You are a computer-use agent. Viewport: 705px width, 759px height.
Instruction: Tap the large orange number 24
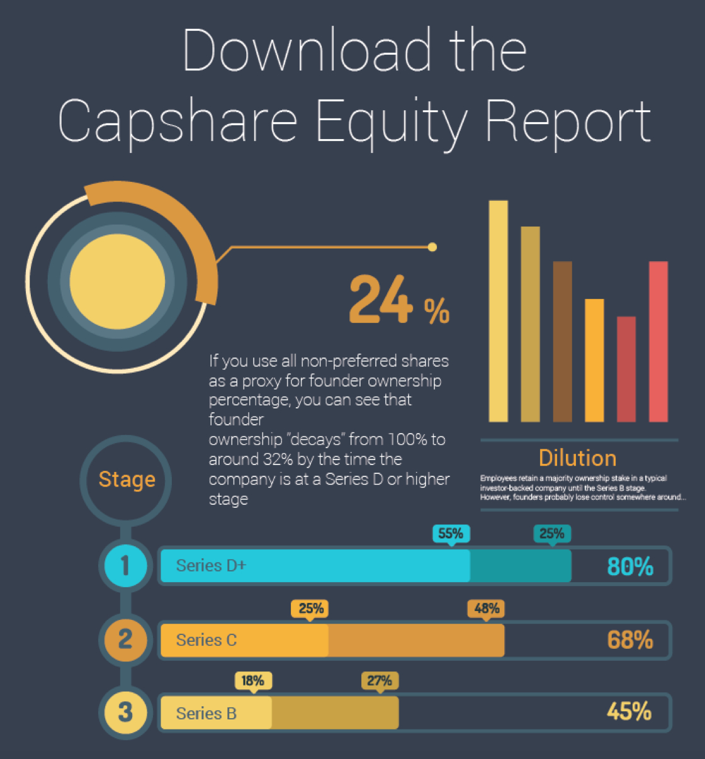pos(380,300)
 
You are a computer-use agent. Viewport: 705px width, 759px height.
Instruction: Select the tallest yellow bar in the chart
pos(499,311)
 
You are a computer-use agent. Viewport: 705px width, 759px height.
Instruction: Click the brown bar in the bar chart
pos(562,341)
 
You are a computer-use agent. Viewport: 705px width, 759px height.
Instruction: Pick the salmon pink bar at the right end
pos(658,341)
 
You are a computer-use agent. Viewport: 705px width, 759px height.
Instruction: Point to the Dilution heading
pos(577,458)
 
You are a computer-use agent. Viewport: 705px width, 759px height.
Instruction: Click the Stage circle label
pos(127,480)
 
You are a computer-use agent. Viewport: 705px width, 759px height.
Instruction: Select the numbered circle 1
pos(125,565)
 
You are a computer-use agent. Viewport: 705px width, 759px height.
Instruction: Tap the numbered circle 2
pos(125,639)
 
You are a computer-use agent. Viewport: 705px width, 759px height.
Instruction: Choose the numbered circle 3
pos(125,712)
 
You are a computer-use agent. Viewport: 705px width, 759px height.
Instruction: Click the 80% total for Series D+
pos(630,566)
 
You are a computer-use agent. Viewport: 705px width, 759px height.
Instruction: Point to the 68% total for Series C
pos(630,640)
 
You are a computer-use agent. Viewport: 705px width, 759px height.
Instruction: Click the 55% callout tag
pos(451,534)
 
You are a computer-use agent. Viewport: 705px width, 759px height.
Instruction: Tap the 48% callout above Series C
pos(487,609)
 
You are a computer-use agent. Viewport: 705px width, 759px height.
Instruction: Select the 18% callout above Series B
pos(253,681)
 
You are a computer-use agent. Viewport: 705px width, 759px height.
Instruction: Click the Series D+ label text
pos(211,566)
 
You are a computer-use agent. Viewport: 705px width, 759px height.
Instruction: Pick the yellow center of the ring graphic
pos(118,281)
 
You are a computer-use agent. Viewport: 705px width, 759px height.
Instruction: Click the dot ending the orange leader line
pos(432,247)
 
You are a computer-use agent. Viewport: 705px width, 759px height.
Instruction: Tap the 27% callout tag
pos(380,681)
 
